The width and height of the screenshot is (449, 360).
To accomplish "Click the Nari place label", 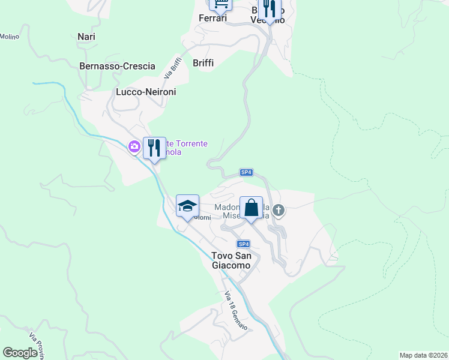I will (86, 37).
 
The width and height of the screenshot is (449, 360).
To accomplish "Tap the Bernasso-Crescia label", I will (117, 66).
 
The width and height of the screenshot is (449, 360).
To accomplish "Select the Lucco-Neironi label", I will (145, 92).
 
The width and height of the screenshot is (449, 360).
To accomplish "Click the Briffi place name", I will (203, 63).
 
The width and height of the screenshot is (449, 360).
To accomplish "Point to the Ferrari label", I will (212, 18).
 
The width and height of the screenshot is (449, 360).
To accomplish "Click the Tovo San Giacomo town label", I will (231, 260).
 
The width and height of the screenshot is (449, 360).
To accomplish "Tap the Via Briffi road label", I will (172, 67).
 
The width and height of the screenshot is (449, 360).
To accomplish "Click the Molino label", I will (10, 37).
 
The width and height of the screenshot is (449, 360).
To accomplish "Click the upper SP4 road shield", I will (246, 172).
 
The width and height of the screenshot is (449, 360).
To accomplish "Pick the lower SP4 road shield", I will (243, 244).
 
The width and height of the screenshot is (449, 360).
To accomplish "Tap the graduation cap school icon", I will (187, 206).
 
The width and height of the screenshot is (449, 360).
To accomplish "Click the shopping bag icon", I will (251, 208).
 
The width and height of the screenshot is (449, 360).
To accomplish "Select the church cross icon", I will (278, 210).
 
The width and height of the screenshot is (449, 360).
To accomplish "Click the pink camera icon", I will (134, 146).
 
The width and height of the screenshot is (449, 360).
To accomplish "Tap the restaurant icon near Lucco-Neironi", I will (154, 148).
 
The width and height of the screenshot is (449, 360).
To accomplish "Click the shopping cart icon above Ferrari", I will (220, 3).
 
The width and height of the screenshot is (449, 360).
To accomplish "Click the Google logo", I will (20, 353).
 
